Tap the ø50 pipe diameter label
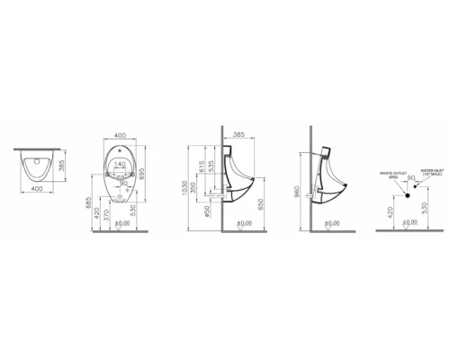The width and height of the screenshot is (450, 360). [209, 212]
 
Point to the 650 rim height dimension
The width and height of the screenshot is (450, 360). [261, 206]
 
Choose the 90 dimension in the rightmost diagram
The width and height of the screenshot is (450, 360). [410, 179]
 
